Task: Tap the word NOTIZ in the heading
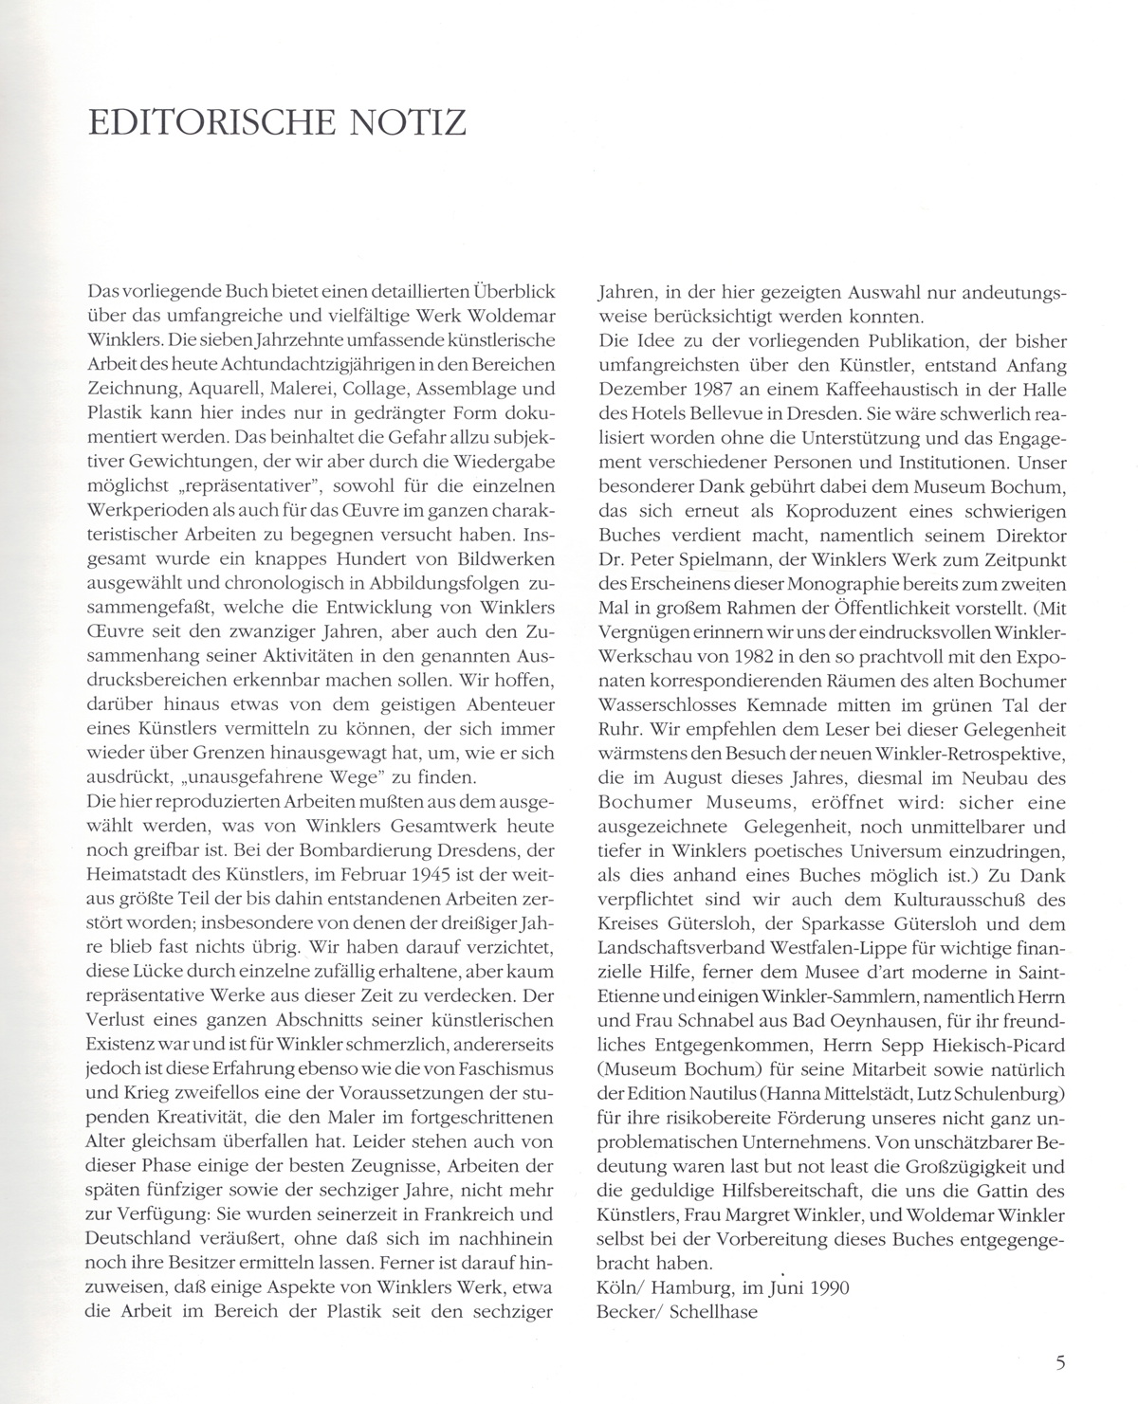point(415,123)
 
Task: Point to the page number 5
point(1060,1363)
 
